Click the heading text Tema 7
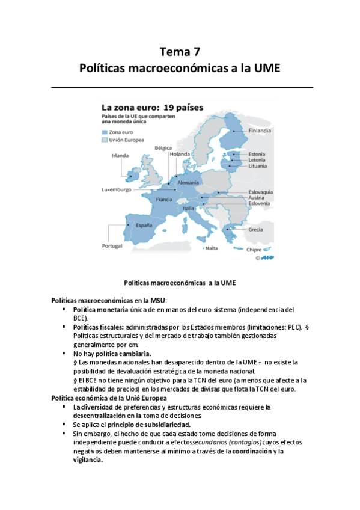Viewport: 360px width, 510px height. click(x=180, y=51)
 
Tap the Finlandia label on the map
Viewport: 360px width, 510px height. click(x=260, y=130)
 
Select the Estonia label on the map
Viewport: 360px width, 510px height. click(x=257, y=154)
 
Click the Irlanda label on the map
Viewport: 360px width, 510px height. click(x=120, y=155)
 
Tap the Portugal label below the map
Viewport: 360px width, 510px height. click(x=112, y=245)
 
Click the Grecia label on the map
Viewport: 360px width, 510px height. click(x=255, y=229)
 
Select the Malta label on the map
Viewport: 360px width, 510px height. click(x=212, y=249)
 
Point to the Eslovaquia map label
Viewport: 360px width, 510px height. click(x=261, y=192)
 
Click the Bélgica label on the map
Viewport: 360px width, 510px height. click(x=163, y=147)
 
